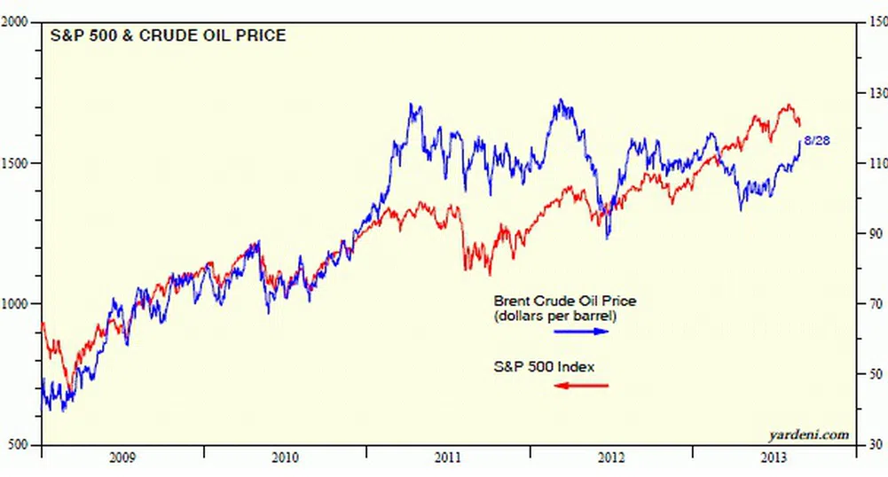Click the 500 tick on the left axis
20,444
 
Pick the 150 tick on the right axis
876,23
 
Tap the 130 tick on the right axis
876,93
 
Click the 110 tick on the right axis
876,163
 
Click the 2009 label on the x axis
122,458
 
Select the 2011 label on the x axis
449,458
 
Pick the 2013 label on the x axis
774,458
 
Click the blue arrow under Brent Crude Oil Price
582,332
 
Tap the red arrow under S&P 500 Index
582,385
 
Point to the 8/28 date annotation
816,141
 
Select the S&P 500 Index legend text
544,366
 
